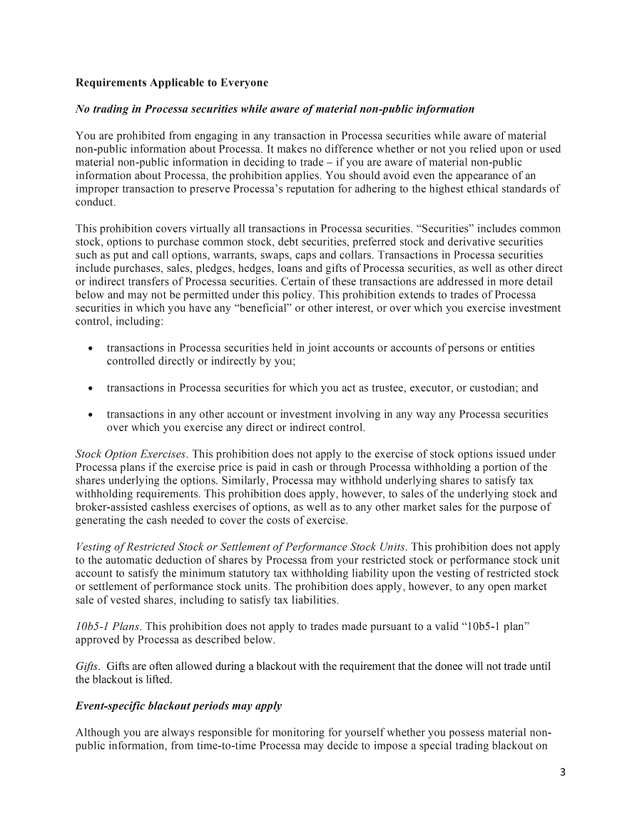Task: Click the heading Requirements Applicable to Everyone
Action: click(x=172, y=83)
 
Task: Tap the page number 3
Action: click(x=562, y=772)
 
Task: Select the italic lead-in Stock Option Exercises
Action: click(x=131, y=454)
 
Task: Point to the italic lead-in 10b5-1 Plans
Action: click(x=108, y=626)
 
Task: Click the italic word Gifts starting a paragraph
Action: click(x=87, y=666)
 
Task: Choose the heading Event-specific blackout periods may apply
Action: click(x=178, y=706)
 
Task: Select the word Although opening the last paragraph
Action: click(x=98, y=733)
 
